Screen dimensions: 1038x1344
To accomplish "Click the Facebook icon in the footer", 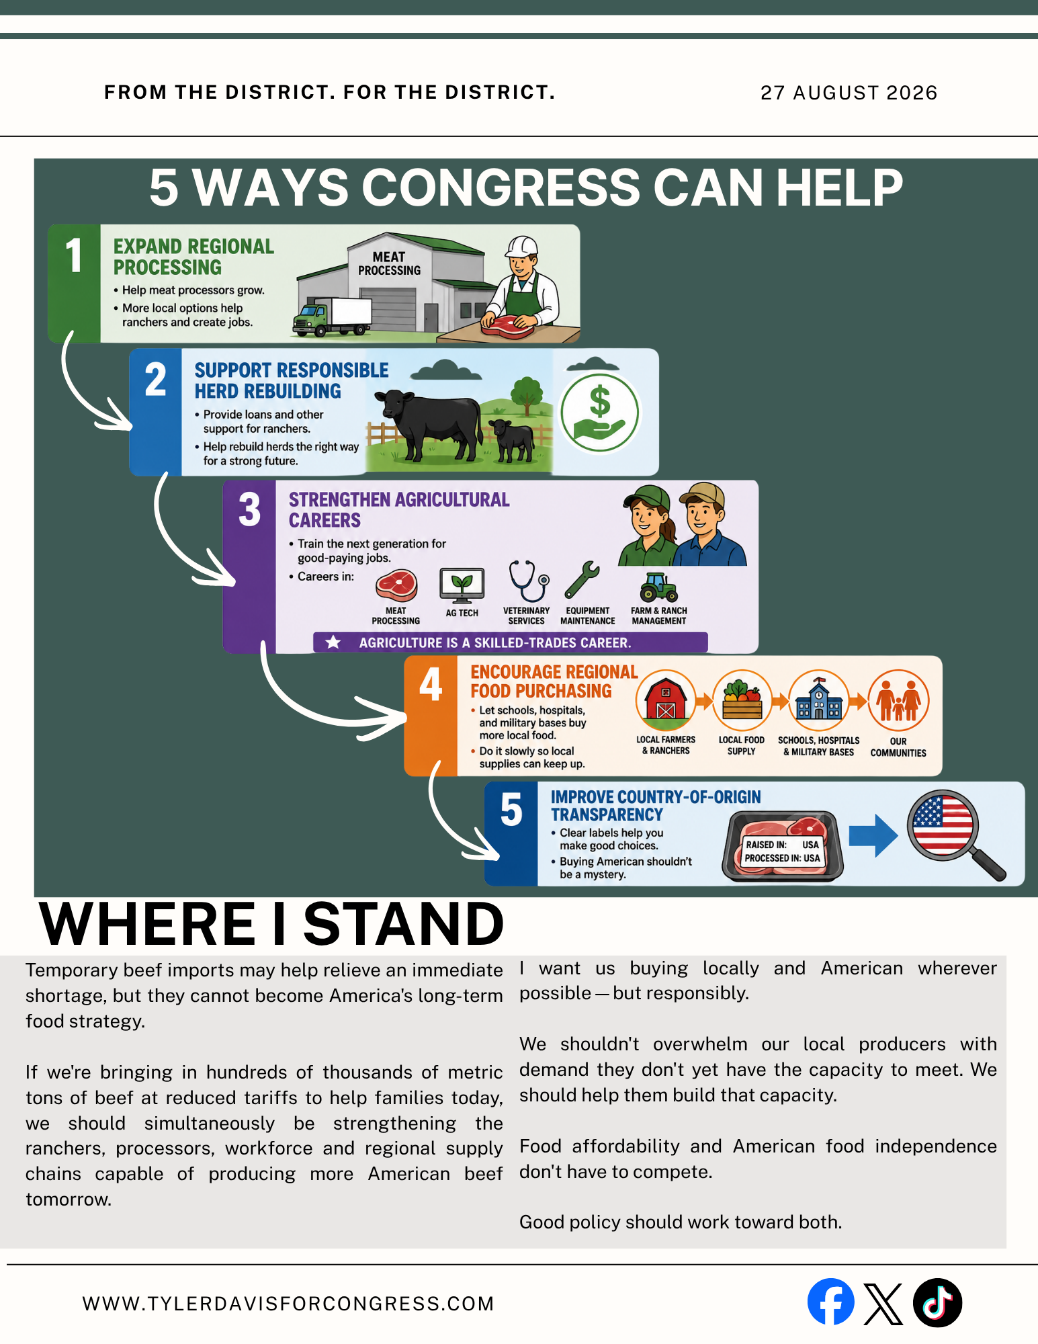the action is click(x=830, y=1302).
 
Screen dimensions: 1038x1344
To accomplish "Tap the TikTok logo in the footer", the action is click(x=937, y=1302).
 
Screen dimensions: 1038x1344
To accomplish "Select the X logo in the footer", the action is click(x=883, y=1304).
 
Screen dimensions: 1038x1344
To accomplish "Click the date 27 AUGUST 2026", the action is click(x=849, y=93).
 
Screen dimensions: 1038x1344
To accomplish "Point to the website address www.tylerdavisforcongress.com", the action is click(x=288, y=1304).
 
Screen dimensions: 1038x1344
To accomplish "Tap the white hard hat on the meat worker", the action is click(x=522, y=247).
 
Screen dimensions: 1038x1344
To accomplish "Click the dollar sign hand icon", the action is click(x=599, y=413).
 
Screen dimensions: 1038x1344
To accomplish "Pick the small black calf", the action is click(x=512, y=439).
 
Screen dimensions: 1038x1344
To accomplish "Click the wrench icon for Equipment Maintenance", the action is click(x=582, y=579).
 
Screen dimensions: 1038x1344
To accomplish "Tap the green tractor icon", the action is click(x=658, y=587).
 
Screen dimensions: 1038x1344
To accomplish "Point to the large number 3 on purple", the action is click(x=249, y=509).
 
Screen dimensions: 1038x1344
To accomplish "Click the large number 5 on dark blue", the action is click(x=511, y=809).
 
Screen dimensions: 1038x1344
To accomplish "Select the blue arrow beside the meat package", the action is click(x=873, y=835).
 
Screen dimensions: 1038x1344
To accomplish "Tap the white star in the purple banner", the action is click(x=333, y=642).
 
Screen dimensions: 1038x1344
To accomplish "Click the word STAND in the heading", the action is click(x=404, y=923).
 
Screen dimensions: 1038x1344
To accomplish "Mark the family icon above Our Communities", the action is click(x=898, y=700).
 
